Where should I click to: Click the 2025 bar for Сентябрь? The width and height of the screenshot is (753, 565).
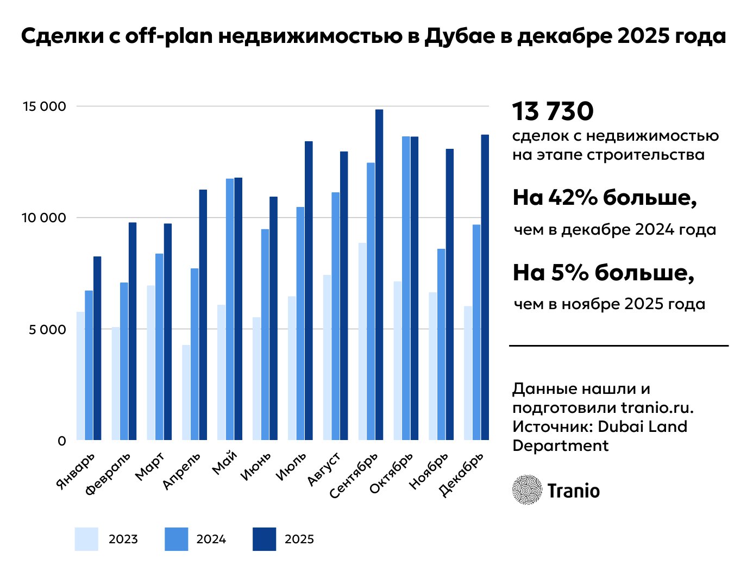click(x=379, y=274)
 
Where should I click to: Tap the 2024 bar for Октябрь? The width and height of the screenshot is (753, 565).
click(x=406, y=288)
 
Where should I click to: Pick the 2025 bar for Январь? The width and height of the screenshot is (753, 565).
click(x=97, y=348)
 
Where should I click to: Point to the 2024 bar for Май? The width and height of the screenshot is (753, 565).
click(x=230, y=309)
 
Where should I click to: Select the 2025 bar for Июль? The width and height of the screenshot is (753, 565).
click(x=309, y=290)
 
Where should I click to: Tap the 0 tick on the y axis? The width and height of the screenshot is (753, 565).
click(x=61, y=441)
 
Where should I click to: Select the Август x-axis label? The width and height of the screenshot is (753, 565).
click(x=324, y=468)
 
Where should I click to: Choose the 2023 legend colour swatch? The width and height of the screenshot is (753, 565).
click(x=86, y=539)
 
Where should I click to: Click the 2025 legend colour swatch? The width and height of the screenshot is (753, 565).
click(x=264, y=539)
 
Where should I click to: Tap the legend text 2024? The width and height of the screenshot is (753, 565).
click(x=211, y=539)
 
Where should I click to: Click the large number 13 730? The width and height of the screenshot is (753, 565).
click(x=553, y=111)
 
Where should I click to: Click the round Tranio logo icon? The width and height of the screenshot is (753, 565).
click(x=526, y=490)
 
